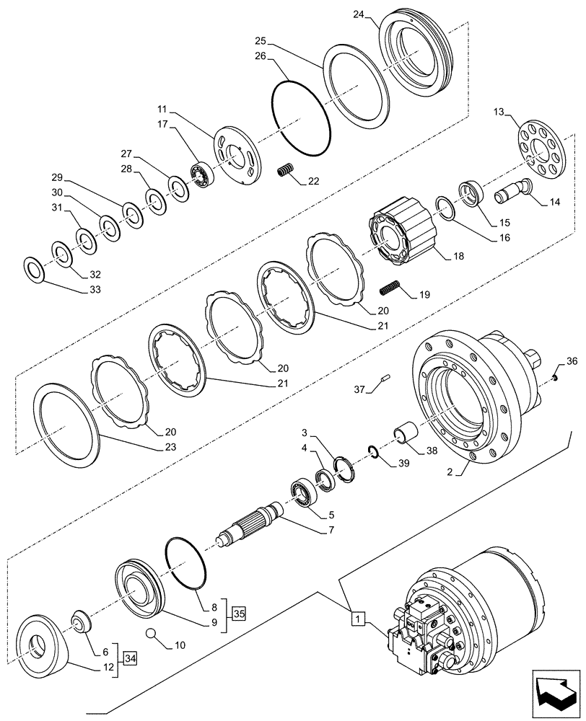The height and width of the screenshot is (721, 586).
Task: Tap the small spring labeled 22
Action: (x=286, y=172)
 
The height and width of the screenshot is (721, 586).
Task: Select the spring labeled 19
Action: (x=389, y=287)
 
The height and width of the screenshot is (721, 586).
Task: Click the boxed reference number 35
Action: (x=240, y=614)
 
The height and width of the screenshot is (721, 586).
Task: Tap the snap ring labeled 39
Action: (x=372, y=452)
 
